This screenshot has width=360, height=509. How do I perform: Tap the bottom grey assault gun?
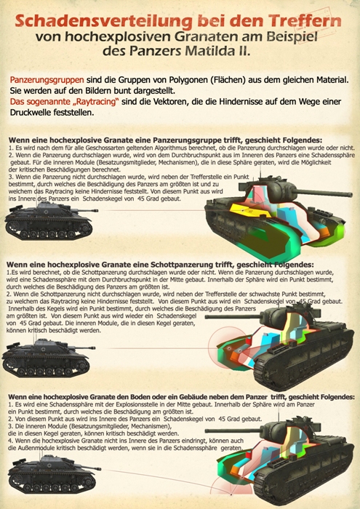pos(51,478)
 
